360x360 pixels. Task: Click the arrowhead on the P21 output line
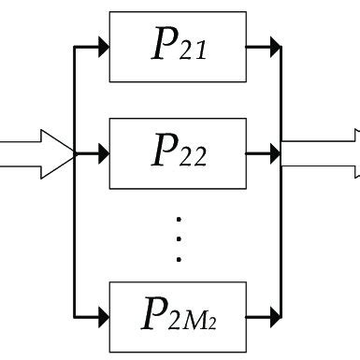pyautogui.click(x=274, y=46)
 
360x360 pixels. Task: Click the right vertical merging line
pyautogui.click(x=281, y=234)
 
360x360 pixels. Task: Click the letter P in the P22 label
pyautogui.click(x=162, y=148)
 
